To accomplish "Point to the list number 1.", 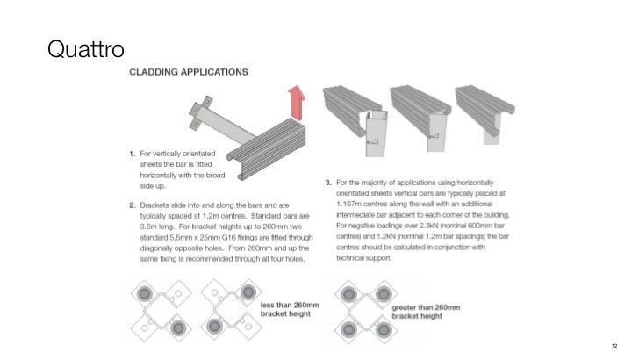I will click(x=124, y=155).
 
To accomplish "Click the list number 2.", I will click(x=124, y=203).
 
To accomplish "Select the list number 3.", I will click(x=328, y=183).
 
